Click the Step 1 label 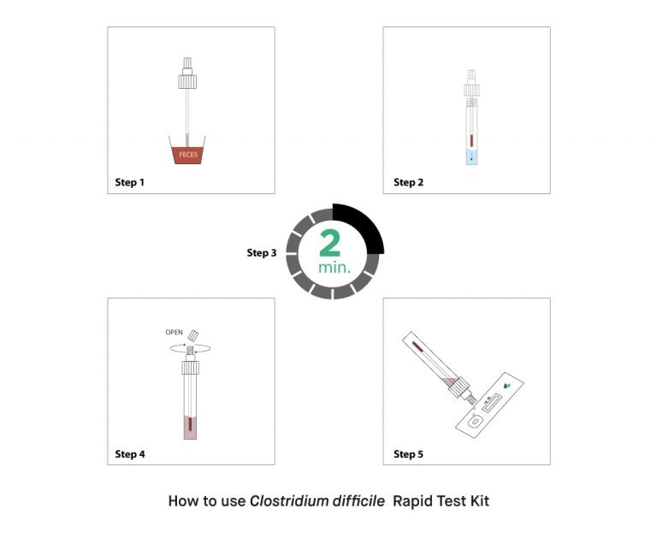click(x=129, y=182)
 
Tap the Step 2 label click(x=409, y=182)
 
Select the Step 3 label click(x=262, y=252)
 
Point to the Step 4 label click(x=130, y=454)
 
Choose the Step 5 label click(x=409, y=454)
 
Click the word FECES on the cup click(x=188, y=155)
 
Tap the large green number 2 click(x=329, y=243)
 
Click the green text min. click(x=334, y=268)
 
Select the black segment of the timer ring click(x=364, y=223)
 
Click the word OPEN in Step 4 click(x=174, y=332)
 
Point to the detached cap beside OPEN click(x=193, y=335)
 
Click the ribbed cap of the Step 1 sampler click(x=187, y=82)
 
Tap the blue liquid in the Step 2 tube click(x=472, y=157)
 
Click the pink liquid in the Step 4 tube click(x=190, y=428)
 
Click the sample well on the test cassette click(x=475, y=421)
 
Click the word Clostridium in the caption click(x=289, y=501)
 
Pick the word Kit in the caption click(x=479, y=501)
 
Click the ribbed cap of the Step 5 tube click(x=458, y=387)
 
